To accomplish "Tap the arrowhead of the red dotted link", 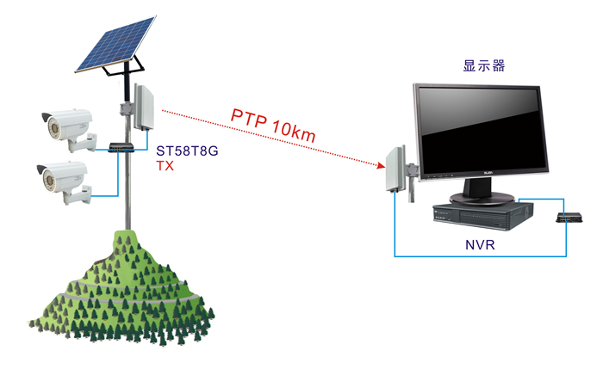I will (x=376, y=163).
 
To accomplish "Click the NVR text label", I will (x=477, y=245).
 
